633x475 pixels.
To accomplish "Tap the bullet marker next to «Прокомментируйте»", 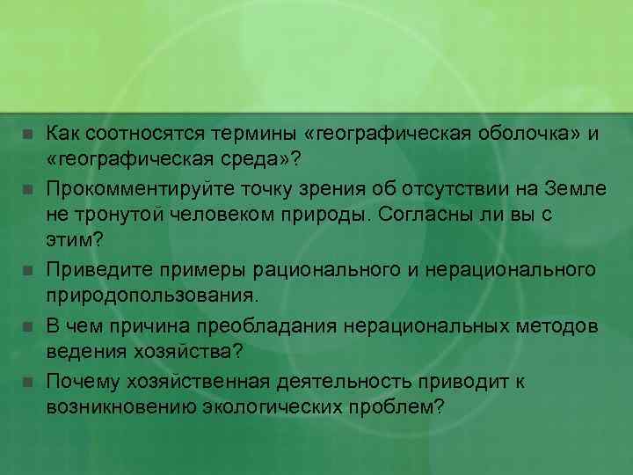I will click(27, 189).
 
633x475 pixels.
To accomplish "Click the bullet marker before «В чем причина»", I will click(27, 328).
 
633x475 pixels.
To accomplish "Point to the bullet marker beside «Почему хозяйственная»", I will click(27, 383).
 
